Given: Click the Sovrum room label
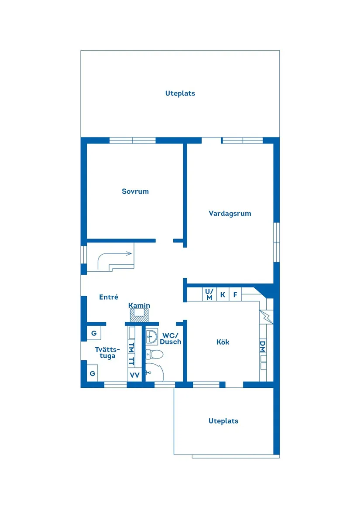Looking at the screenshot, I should pos(135,191).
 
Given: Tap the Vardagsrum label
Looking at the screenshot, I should pos(230,213).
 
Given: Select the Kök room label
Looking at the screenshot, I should pos(223,342).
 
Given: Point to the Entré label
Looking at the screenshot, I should pos(109,297).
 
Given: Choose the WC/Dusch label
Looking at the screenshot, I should pos(170,339).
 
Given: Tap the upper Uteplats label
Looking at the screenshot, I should pos(180,93).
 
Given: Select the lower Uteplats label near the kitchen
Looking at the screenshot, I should pos(223,421).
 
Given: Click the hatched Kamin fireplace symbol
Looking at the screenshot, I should pos(139,315).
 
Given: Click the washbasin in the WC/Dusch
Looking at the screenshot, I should pos(152,336).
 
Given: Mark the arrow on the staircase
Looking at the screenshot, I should pos(128,253).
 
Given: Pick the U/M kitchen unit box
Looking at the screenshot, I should pos(209,294).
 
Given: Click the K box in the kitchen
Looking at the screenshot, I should pos(223,295).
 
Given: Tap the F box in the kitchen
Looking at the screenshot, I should pos(235,295).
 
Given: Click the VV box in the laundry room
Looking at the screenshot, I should pos(134,375).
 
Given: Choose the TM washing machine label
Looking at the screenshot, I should pos(131,348).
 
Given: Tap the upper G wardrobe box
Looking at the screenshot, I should pos(93,334).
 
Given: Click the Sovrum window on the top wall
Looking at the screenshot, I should pos(132,140).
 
